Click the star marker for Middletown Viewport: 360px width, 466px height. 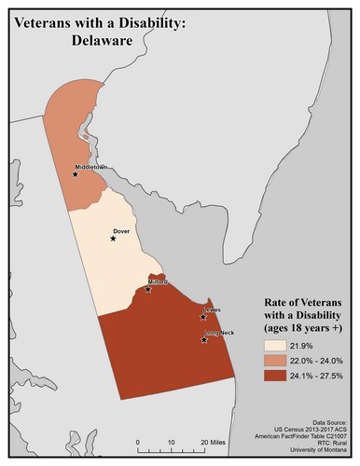[x=76, y=173]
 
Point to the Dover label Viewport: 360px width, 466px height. [x=120, y=229]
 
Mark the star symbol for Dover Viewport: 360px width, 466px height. [x=113, y=238]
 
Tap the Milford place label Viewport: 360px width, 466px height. [x=158, y=281]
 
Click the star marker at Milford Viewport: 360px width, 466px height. [x=148, y=290]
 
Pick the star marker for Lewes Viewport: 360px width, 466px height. [x=202, y=317]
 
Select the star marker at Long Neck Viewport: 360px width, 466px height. [x=204, y=341]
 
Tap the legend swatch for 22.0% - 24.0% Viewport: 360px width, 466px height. [x=274, y=361]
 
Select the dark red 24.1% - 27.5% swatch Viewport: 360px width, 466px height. [x=274, y=377]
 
